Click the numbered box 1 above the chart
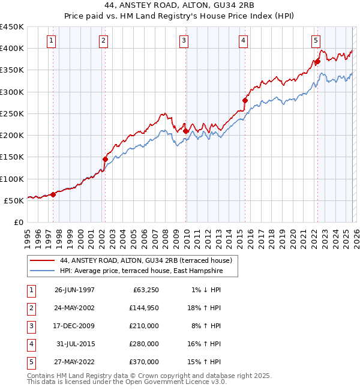point(51,41)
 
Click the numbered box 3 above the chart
point(183,41)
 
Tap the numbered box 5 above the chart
point(315,41)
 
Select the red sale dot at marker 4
point(245,100)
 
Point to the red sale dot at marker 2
point(105,160)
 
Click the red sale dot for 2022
point(317,61)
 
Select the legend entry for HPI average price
point(141,271)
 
